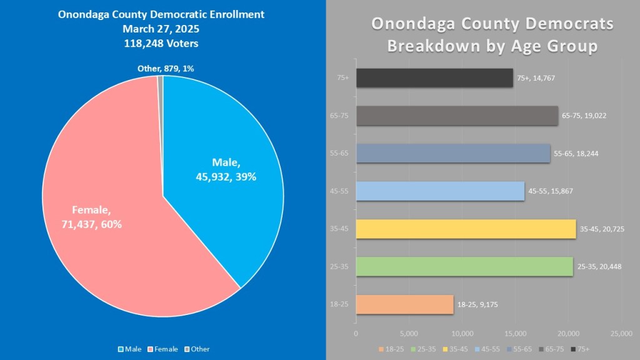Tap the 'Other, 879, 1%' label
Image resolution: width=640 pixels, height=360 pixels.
[166, 68]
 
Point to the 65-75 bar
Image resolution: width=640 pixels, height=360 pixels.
[456, 116]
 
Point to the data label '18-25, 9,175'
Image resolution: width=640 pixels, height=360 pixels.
[477, 304]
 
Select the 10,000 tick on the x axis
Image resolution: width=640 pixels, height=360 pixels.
[462, 334]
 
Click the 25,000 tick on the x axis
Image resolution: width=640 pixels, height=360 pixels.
[621, 334]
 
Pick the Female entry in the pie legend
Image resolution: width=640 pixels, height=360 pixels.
[164, 349]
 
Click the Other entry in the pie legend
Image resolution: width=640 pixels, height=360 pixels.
[197, 349]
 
